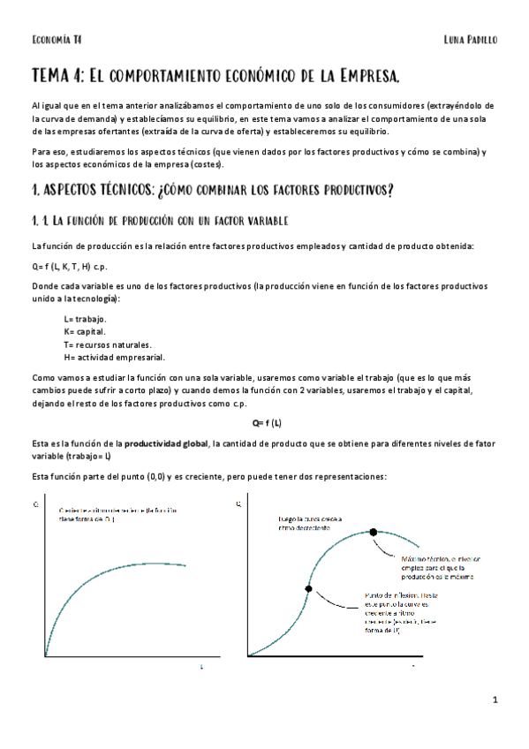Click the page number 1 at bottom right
pos(496,700)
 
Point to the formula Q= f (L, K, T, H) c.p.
pos(69,266)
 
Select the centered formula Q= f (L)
pos(266,421)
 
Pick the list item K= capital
pos(84,331)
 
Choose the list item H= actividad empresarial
pos(114,357)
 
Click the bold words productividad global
pos(166,443)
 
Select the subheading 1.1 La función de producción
pos(159,220)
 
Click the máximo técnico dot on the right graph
pos(374,532)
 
